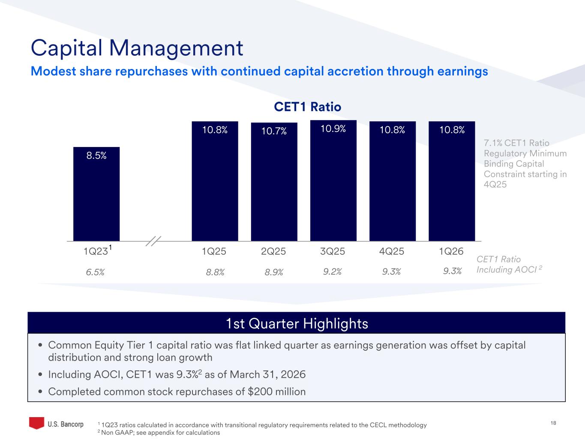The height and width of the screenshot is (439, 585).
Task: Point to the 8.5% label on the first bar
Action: click(96, 156)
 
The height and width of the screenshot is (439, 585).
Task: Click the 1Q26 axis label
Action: click(451, 252)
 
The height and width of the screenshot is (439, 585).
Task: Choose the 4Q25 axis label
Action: click(392, 252)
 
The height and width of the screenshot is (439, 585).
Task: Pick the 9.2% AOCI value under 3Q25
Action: click(332, 271)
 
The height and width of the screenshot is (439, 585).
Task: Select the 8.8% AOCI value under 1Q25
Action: click(215, 272)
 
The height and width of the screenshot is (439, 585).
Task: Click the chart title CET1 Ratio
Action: click(307, 107)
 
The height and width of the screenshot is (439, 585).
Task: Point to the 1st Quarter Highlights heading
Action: click(297, 323)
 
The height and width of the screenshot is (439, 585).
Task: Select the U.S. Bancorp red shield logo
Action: click(36, 423)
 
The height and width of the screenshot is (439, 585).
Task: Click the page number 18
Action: click(553, 423)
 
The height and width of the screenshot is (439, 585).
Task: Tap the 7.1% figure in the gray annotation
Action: click(492, 143)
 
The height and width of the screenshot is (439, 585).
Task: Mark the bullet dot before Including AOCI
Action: click(40, 375)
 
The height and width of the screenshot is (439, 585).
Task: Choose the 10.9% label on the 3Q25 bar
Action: click(333, 129)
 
